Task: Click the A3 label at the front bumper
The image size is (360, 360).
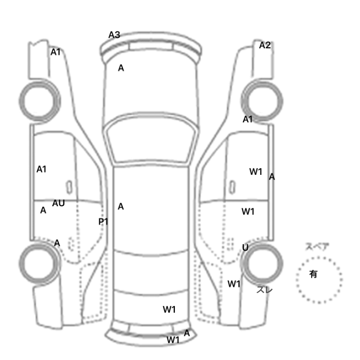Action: click(114, 35)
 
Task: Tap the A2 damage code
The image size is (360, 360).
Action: click(265, 45)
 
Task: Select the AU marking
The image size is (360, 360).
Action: click(58, 203)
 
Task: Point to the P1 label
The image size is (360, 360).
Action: click(103, 222)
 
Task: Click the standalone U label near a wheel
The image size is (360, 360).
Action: click(245, 247)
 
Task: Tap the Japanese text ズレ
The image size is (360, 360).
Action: click(264, 290)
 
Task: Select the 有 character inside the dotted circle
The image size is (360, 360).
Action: click(313, 274)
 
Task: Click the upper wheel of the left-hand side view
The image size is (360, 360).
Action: click(40, 101)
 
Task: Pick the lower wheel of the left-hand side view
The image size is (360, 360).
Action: click(40, 263)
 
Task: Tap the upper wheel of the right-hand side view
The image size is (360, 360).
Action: click(262, 101)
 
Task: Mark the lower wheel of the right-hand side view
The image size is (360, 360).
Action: click(262, 263)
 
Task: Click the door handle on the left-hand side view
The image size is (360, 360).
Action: click(69, 187)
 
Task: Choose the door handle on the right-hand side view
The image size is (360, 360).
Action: click(232, 187)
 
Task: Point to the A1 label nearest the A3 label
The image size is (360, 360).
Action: click(56, 52)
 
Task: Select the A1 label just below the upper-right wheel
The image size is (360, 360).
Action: click(247, 119)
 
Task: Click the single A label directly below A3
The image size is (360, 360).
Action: click(121, 68)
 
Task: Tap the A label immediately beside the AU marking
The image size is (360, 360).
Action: click(43, 210)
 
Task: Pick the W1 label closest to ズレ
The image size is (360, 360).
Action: click(234, 284)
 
